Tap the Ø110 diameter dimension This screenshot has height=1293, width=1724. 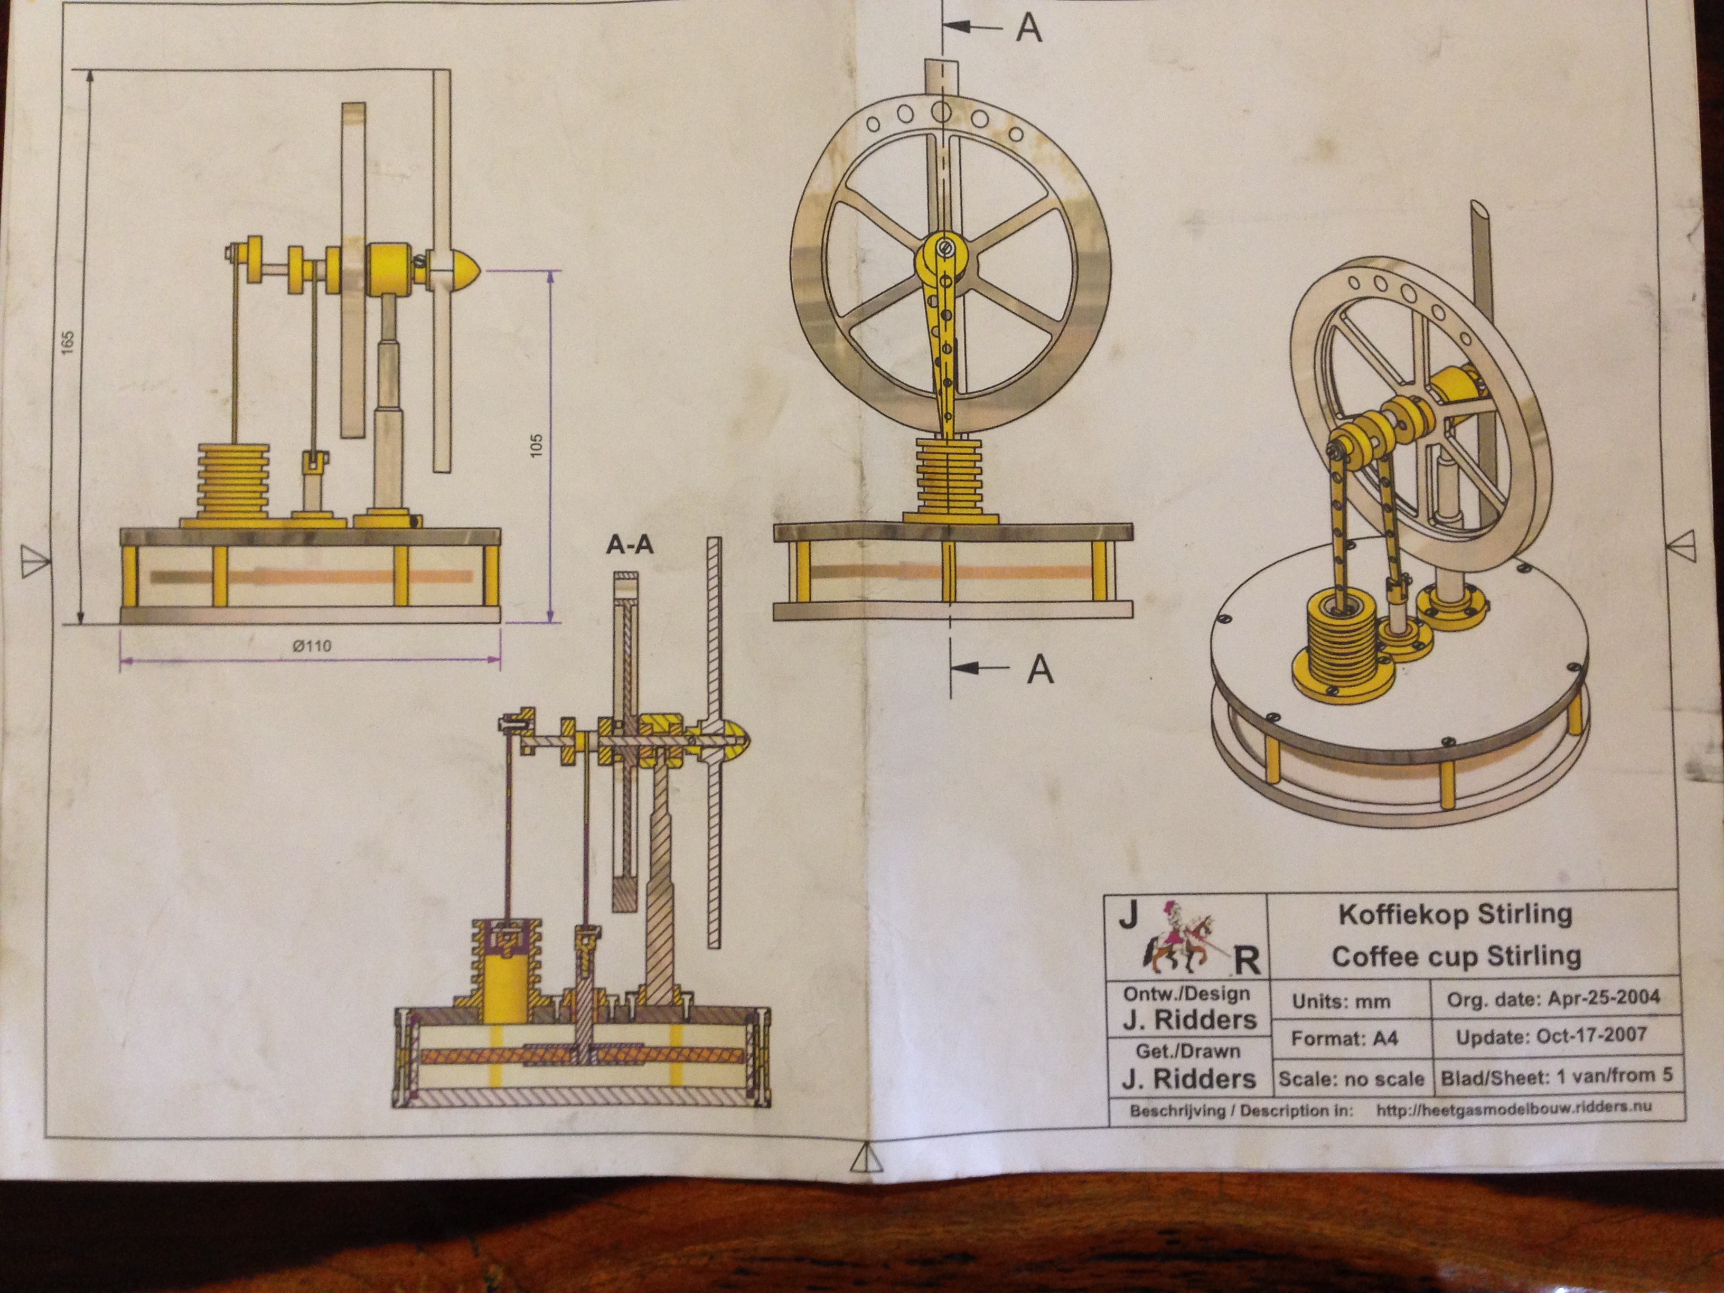pos(312,645)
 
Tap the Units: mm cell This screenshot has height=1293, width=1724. pos(1341,1001)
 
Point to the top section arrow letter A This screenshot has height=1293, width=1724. pos(1029,27)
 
